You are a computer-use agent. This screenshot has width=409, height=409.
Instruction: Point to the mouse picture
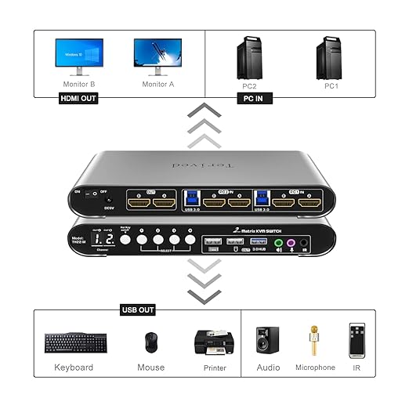tap(150, 342)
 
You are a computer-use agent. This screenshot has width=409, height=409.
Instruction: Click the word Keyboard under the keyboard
tap(74, 367)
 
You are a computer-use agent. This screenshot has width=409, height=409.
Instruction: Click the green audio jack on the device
tap(280, 243)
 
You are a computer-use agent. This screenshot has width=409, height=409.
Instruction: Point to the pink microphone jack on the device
tap(291, 243)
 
